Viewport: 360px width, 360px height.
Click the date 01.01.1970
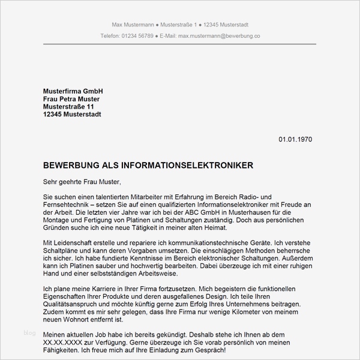click(295, 139)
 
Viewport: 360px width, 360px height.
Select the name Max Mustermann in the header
click(133, 24)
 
